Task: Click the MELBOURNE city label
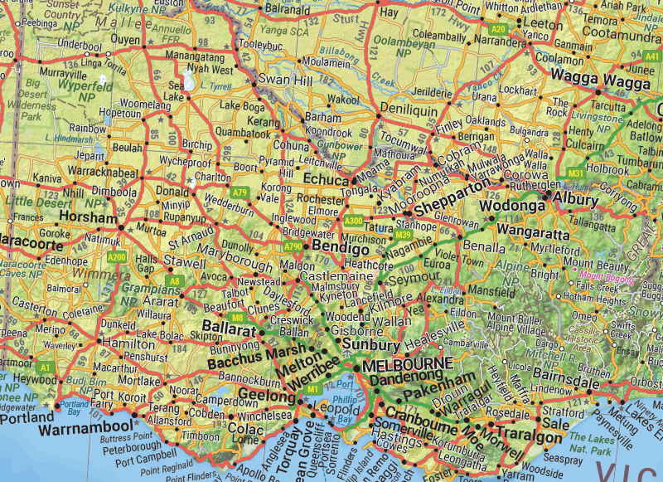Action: tap(408, 364)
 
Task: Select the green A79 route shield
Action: tap(240, 192)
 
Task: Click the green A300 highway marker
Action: tap(354, 221)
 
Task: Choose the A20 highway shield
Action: tap(498, 29)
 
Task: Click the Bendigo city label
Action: tap(341, 248)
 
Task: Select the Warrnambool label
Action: tap(85, 427)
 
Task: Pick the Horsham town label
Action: tap(87, 217)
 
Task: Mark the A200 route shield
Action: tap(117, 258)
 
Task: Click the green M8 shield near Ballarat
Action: tap(237, 318)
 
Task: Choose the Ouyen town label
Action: tap(126, 39)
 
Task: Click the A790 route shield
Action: tap(293, 246)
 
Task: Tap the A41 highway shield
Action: tap(651, 56)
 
